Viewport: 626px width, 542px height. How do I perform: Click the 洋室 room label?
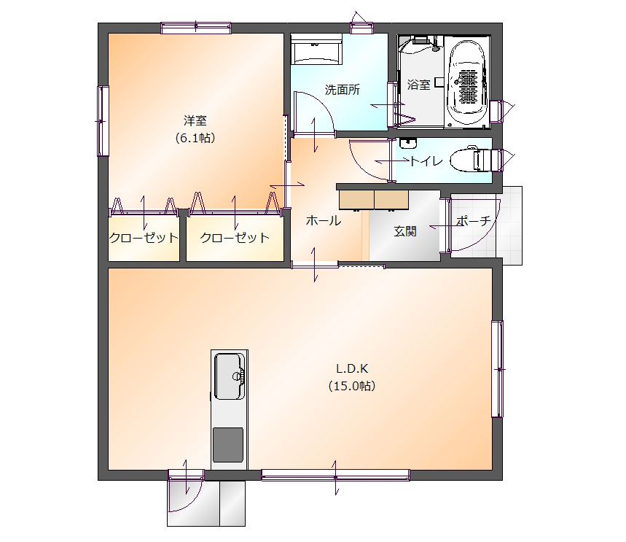(x=195, y=120)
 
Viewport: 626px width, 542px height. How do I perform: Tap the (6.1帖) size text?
(x=195, y=138)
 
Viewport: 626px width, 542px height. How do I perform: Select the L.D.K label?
(x=352, y=368)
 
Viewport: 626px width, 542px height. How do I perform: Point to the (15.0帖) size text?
(x=352, y=386)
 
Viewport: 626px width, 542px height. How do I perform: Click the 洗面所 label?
(x=342, y=90)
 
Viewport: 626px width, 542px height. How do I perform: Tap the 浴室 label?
(x=419, y=85)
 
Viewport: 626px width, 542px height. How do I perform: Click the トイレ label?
(x=426, y=161)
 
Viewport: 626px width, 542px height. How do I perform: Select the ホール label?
(x=324, y=220)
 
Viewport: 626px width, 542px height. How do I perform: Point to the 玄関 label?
(x=405, y=231)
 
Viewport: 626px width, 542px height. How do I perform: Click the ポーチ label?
(x=473, y=220)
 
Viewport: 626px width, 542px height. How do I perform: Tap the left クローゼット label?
(x=144, y=238)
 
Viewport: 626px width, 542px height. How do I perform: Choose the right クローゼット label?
(x=235, y=238)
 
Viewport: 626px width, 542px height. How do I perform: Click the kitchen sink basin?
(x=230, y=376)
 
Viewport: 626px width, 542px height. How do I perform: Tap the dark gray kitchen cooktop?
(x=228, y=445)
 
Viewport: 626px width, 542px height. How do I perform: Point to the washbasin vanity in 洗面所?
(x=316, y=49)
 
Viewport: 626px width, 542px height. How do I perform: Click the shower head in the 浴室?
(x=437, y=47)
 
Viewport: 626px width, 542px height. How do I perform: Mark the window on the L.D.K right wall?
(x=498, y=369)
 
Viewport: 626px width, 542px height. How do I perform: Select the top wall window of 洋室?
(x=196, y=28)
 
